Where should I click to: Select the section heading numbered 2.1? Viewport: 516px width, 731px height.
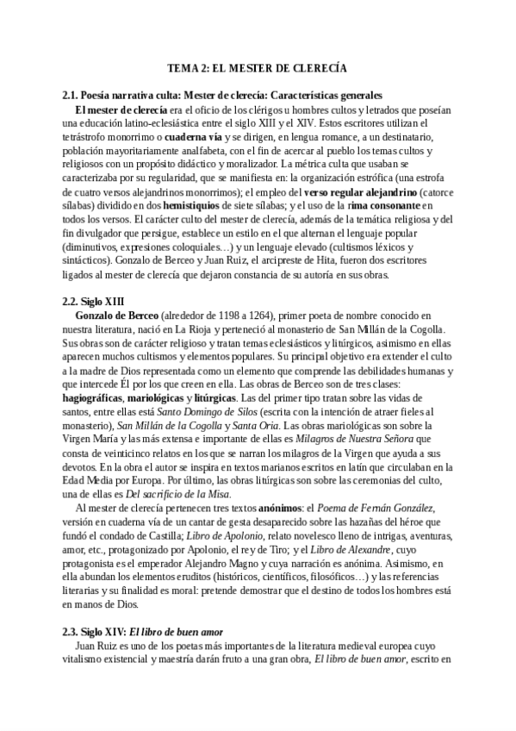pos(223,94)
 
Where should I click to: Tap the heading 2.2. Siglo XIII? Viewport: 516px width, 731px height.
pos(94,301)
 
